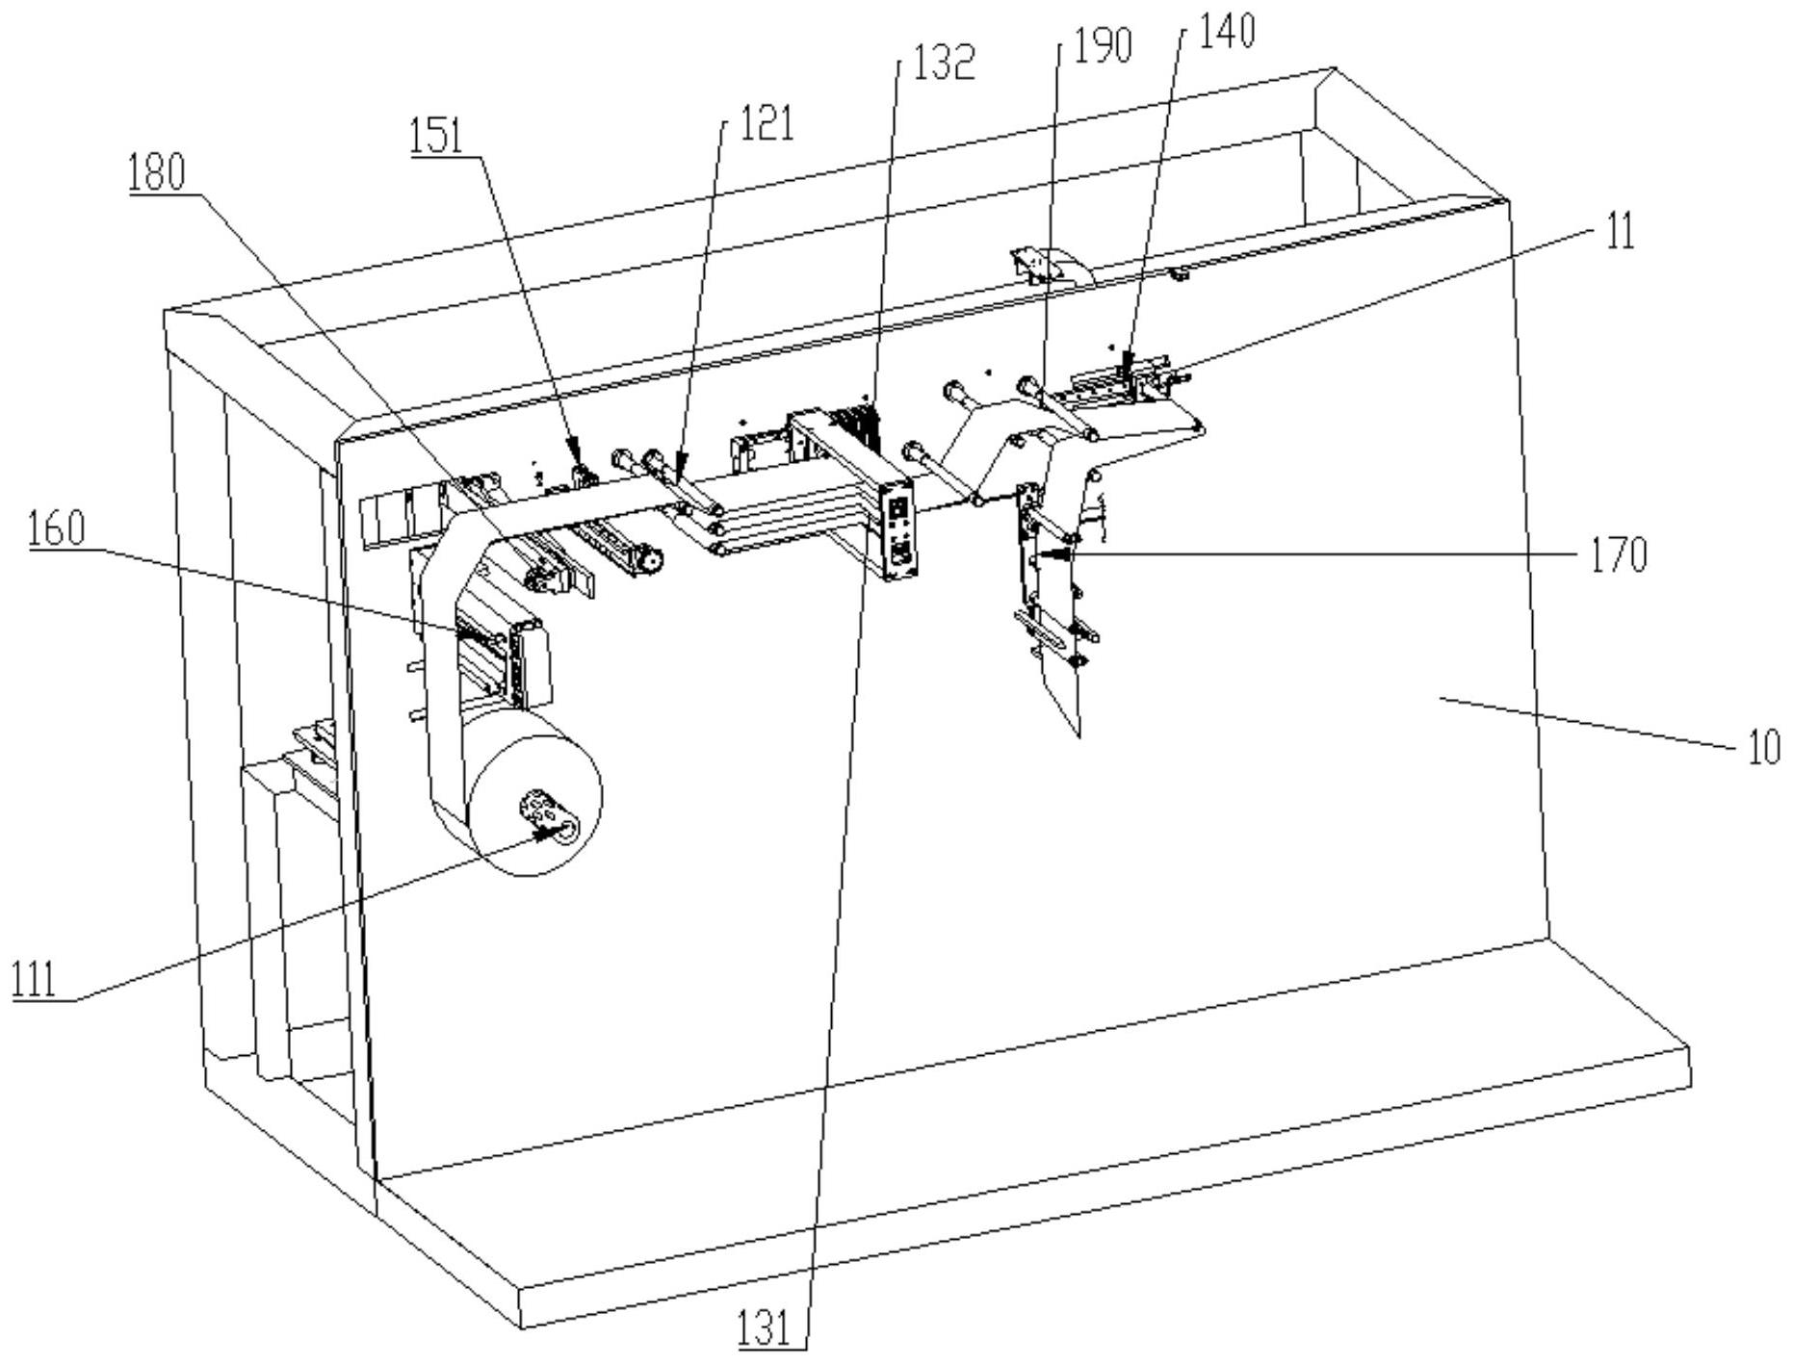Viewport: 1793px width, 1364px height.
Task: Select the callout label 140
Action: pyautogui.click(x=1227, y=31)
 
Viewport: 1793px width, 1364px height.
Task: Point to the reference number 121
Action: pyautogui.click(x=766, y=123)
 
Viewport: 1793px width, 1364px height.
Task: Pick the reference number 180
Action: pyautogui.click(x=156, y=174)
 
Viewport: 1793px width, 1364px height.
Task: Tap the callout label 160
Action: pyautogui.click(x=57, y=529)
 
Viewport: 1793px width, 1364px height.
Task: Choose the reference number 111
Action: pyautogui.click(x=34, y=979)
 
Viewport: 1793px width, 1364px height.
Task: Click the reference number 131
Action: pyautogui.click(x=764, y=1329)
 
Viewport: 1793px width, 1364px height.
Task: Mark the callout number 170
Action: pyautogui.click(x=1618, y=555)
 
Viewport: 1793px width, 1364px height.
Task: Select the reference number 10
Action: pyautogui.click(x=1764, y=748)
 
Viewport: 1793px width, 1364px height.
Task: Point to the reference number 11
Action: pyautogui.click(x=1621, y=232)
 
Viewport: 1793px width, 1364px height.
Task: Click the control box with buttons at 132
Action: pyautogui.click(x=898, y=528)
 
